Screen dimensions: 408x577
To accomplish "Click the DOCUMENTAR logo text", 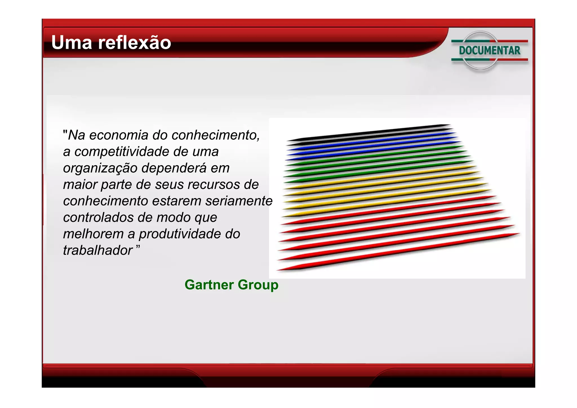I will pos(490,51).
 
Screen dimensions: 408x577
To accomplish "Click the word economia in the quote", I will pos(118,135).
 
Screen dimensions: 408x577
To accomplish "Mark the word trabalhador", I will pos(97,250).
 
